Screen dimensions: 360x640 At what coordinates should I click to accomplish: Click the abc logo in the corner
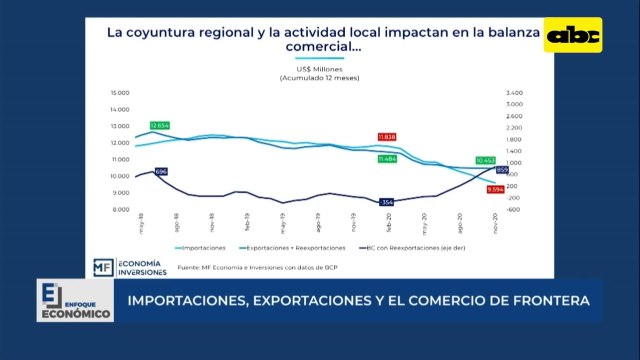[x=576, y=36]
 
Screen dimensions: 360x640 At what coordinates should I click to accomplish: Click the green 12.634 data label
[x=161, y=125]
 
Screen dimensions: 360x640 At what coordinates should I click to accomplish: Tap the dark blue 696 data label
[x=161, y=172]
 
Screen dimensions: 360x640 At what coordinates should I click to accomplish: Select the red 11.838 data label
[x=387, y=136]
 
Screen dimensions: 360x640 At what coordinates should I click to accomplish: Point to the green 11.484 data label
[x=387, y=158]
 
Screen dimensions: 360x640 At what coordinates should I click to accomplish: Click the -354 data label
[x=387, y=202]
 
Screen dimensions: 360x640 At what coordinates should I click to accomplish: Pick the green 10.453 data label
[x=485, y=160]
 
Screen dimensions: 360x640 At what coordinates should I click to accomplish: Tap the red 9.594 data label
[x=495, y=189]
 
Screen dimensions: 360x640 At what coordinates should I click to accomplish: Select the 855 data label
[x=503, y=171]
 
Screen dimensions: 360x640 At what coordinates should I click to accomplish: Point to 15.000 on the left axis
[x=120, y=92]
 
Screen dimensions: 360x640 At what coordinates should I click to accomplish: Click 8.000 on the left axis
[x=120, y=210]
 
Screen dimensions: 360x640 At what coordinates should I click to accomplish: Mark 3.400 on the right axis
[x=514, y=92]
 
